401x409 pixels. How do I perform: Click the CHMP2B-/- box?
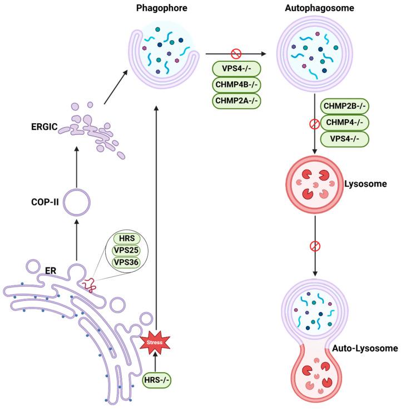[345, 106]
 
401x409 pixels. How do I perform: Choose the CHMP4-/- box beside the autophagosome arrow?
[345, 122]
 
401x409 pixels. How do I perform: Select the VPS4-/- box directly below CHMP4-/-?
[345, 138]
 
